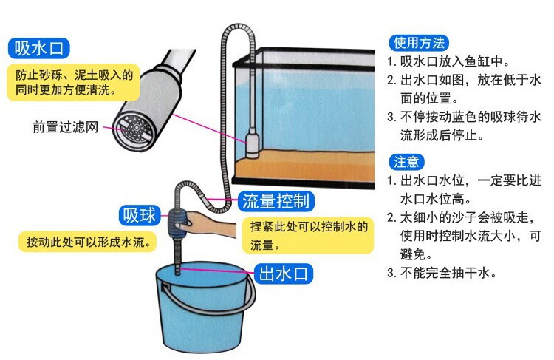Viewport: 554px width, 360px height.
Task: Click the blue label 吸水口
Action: click(x=38, y=48)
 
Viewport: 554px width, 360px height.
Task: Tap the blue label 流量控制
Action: click(x=276, y=201)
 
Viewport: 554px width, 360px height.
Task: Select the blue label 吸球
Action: click(x=139, y=215)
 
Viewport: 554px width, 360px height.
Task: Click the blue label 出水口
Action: click(x=284, y=274)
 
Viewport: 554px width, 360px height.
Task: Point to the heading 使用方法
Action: click(x=419, y=43)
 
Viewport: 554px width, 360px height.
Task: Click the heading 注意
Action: click(x=406, y=162)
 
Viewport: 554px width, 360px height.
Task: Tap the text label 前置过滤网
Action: click(x=65, y=127)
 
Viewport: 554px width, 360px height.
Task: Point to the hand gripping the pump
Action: click(x=209, y=225)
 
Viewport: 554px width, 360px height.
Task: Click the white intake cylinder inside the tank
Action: click(x=252, y=143)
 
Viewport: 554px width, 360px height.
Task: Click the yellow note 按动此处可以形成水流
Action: click(x=87, y=242)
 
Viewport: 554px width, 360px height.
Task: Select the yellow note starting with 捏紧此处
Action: click(x=308, y=236)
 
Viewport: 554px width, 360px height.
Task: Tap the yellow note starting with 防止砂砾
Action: click(x=73, y=82)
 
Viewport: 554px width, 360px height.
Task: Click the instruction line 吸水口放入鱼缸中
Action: click(x=448, y=61)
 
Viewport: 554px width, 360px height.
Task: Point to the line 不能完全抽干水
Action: click(x=442, y=273)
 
